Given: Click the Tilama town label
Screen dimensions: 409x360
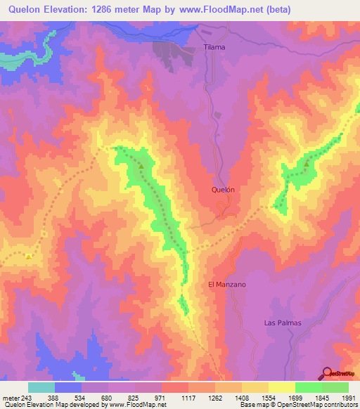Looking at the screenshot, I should pos(214,47).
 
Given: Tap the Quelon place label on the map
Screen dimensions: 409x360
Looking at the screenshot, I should pos(222,190).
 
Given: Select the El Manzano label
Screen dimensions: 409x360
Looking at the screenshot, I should pos(227,285).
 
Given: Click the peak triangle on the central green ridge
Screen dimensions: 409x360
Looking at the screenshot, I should pos(140,167).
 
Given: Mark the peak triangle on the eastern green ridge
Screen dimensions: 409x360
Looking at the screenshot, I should pos(307,164).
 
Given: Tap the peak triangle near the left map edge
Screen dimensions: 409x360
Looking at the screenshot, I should pos(29,257).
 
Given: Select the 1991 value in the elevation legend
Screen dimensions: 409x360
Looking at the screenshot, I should pos(348,396).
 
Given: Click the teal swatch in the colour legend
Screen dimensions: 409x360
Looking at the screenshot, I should pos(41,387).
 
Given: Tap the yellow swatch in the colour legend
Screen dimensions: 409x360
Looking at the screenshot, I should pos(281,387).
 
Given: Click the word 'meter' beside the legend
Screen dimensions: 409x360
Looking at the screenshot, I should pos(10,396).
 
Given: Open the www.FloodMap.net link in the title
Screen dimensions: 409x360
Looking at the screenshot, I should pos(218,9).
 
